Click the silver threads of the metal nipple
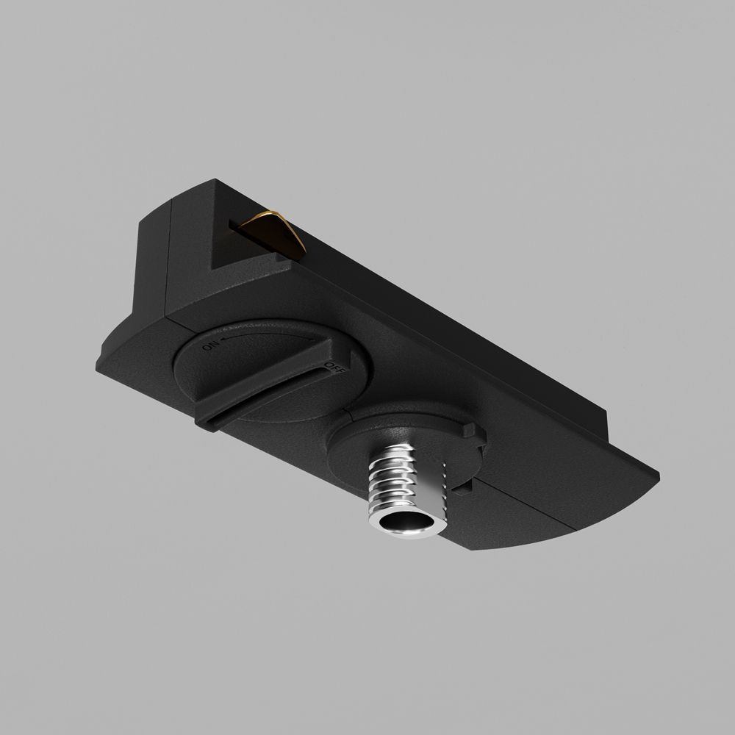click(401, 478)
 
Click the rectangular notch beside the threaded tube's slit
click(465, 485)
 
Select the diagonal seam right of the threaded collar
click(529, 500)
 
